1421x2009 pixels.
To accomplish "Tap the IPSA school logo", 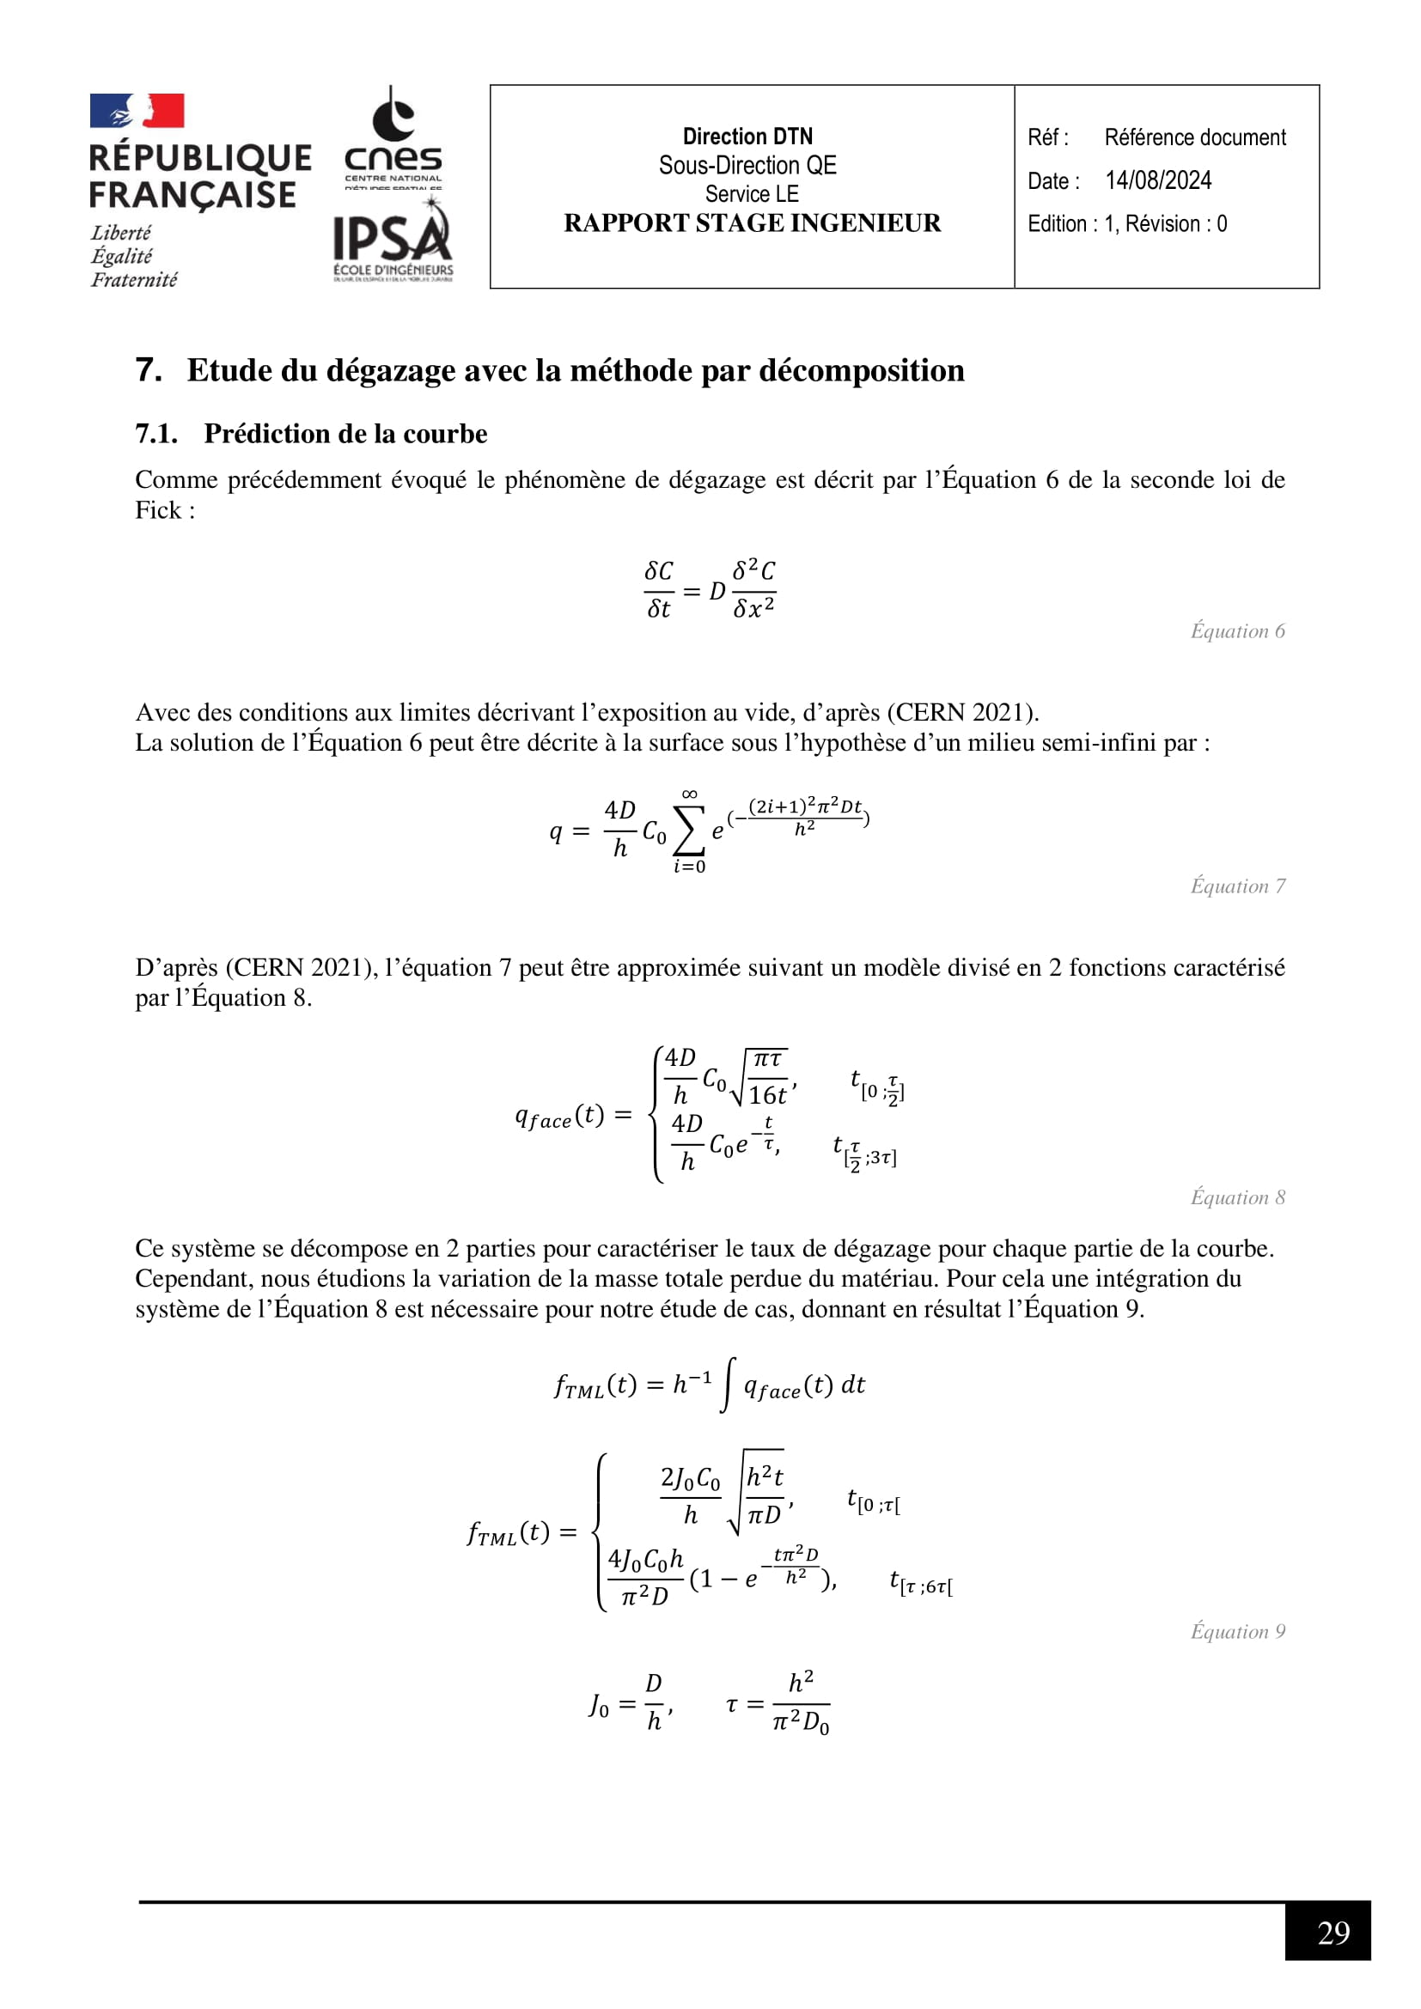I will point(393,240).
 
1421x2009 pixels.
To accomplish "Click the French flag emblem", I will point(137,111).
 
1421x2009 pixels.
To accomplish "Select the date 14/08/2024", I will point(1157,180).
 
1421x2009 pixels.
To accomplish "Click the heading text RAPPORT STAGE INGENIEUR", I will point(752,223).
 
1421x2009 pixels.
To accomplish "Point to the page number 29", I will point(1333,1932).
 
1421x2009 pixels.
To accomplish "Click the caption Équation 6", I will point(1237,631).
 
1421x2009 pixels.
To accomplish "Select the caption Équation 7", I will point(1237,886).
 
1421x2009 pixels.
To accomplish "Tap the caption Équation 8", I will point(1237,1197).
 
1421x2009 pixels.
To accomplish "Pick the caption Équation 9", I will point(1237,1631).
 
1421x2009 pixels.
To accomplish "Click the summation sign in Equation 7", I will point(690,832).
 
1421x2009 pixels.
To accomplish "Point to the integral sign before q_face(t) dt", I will point(727,1385).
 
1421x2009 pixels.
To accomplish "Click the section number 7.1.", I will point(156,434).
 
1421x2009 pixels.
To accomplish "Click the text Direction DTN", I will point(747,137).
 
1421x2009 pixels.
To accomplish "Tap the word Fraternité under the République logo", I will point(134,280).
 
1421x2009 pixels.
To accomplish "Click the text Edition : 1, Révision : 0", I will point(1127,224).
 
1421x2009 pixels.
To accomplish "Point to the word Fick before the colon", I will point(156,510).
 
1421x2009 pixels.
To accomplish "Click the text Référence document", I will point(1194,137).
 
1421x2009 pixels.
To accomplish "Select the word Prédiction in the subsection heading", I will point(267,434).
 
